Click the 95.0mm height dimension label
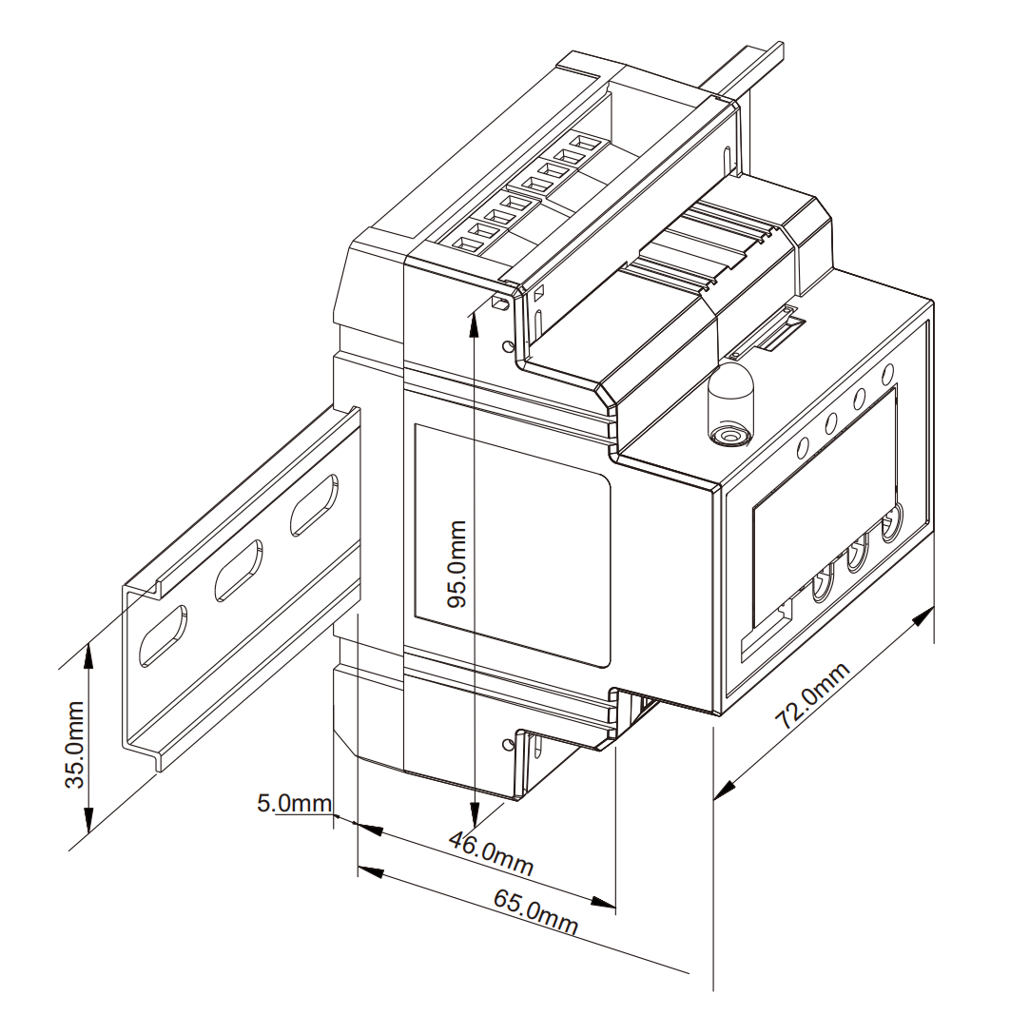click(457, 563)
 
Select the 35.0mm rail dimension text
click(75, 744)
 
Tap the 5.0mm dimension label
click(295, 804)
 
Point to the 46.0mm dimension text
click(492, 853)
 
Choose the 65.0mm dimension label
click(535, 911)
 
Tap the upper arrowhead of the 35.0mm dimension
click(89, 656)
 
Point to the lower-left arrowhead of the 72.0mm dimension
click(727, 790)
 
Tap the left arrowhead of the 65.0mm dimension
click(371, 870)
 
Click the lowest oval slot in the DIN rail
click(164, 636)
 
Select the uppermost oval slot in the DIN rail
click(314, 505)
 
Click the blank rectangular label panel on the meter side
click(512, 546)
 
